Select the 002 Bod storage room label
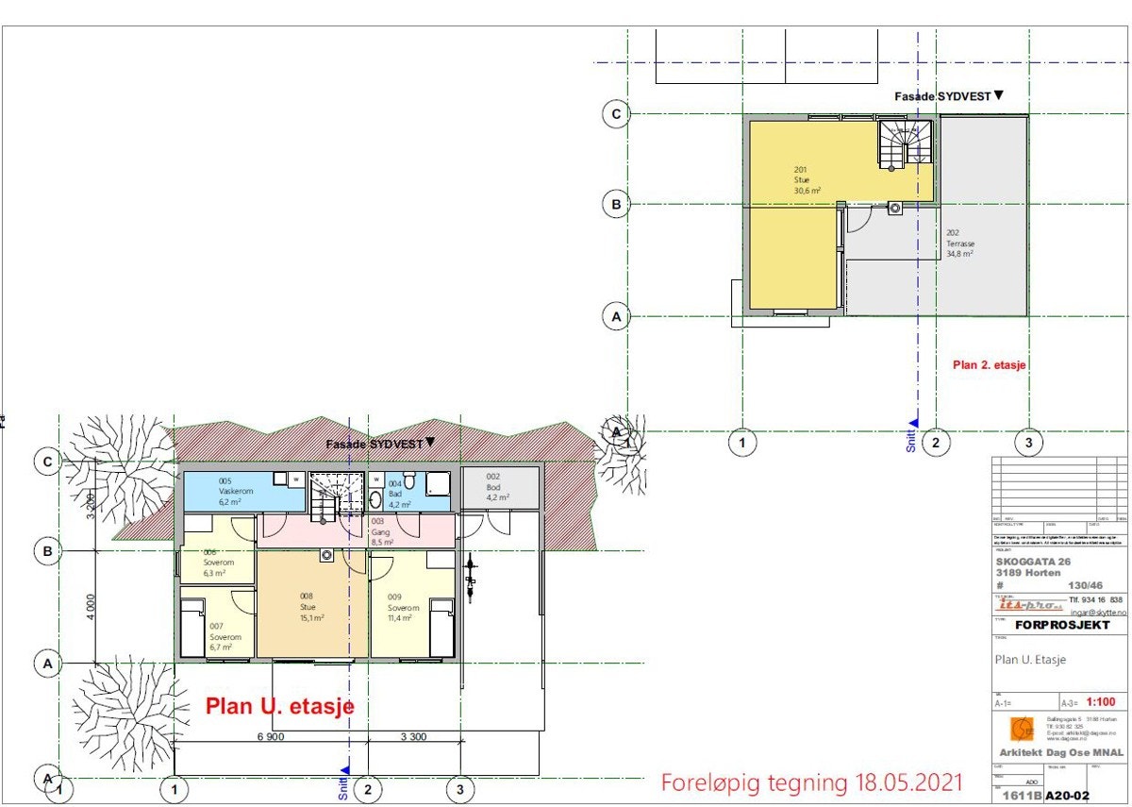[498, 487]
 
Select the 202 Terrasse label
[960, 244]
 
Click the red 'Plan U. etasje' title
[279, 706]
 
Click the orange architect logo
[1021, 730]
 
